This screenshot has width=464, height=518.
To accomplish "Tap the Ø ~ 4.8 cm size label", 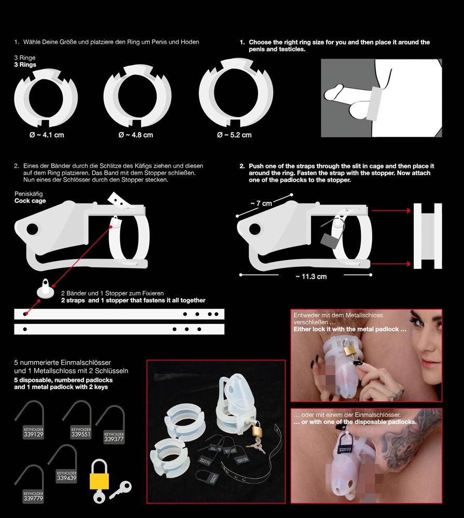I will coord(136,135).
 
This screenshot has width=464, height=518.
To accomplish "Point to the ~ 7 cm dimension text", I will coord(261,204).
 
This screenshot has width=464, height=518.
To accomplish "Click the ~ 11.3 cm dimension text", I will coord(311,277).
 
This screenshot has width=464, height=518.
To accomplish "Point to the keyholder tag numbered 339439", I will coord(66,477).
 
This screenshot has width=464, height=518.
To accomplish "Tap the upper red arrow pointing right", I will coord(389,211).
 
